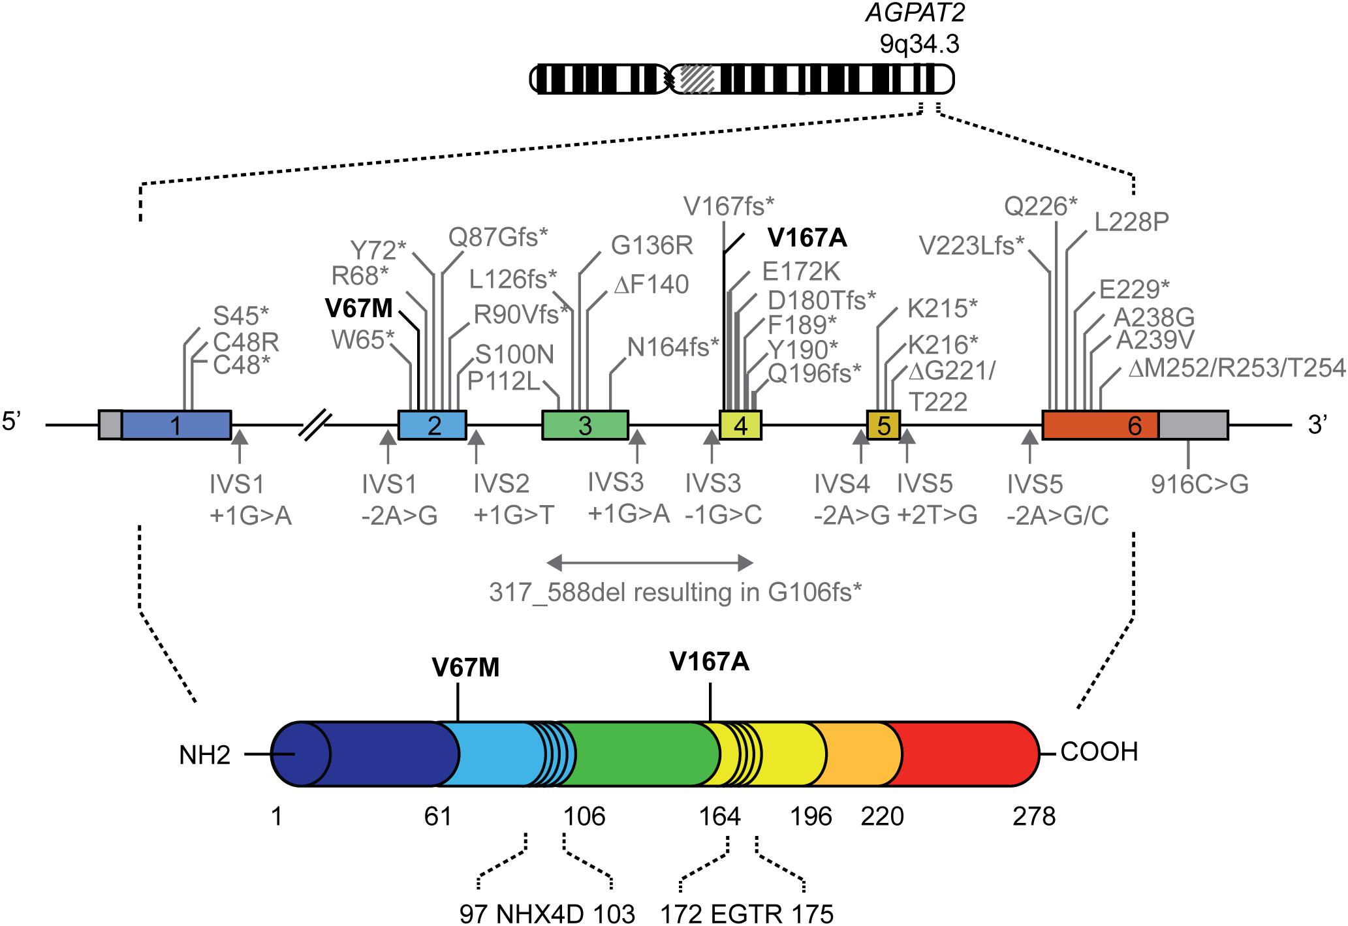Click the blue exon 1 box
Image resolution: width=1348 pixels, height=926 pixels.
[176, 425]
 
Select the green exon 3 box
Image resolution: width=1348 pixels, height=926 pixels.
[585, 425]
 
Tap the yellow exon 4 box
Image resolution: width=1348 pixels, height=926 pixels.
[740, 425]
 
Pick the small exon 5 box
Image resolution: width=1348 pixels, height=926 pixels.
[883, 425]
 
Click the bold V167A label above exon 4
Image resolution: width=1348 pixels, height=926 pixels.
[807, 238]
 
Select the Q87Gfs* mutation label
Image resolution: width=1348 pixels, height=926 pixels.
[497, 238]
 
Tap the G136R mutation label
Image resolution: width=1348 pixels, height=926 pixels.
[651, 246]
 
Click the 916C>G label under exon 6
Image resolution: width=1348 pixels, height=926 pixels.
[1200, 484]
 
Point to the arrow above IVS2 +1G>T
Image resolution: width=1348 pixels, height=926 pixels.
[477, 446]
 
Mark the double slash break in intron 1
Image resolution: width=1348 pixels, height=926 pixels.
[315, 425]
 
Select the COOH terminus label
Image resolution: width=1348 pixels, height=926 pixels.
[1099, 752]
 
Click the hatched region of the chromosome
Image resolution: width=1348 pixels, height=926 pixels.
[697, 79]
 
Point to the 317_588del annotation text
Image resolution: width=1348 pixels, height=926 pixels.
[676, 593]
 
